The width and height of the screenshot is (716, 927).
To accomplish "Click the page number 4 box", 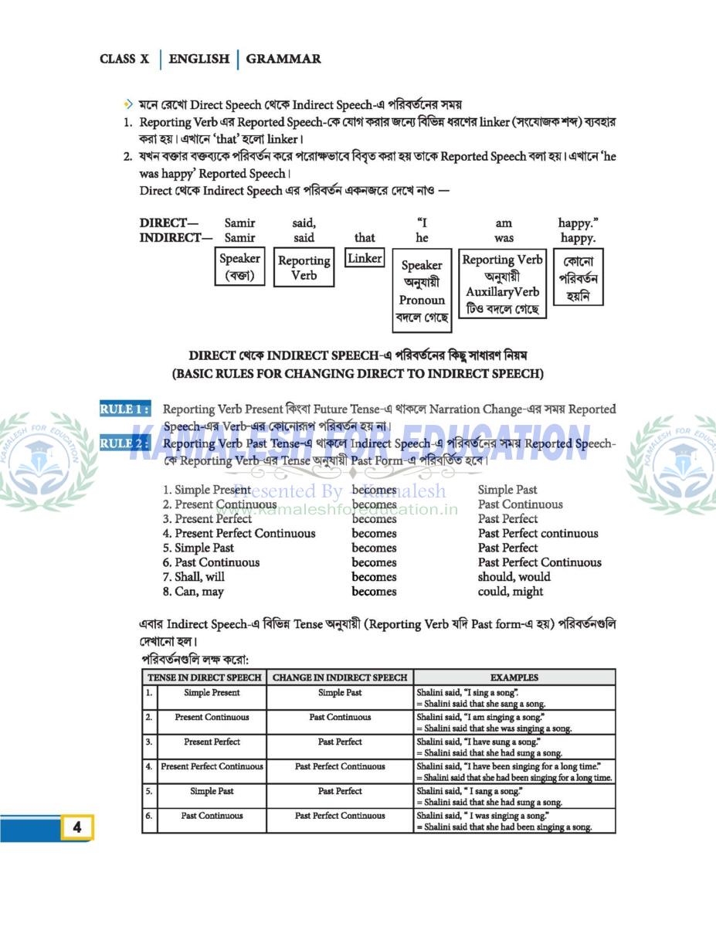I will (77, 827).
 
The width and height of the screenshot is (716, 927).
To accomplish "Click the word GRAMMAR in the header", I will (283, 59).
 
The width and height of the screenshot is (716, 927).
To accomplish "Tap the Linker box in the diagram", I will (365, 259).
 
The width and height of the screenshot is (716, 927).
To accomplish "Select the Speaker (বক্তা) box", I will (239, 267).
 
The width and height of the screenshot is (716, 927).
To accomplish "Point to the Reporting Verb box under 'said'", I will (304, 268).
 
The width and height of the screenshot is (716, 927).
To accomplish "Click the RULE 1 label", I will (124, 409).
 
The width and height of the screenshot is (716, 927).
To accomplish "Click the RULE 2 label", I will (124, 443).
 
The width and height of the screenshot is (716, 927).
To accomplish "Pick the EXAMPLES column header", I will (514, 677).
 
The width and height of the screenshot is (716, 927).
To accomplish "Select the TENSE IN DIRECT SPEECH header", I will (205, 677).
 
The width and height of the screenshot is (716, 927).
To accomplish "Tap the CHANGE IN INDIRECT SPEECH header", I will (340, 677).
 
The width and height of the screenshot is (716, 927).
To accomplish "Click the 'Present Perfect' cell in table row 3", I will (212, 742).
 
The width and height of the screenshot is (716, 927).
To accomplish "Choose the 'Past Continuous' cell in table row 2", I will (340, 717).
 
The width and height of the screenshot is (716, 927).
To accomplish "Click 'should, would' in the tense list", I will (514, 577).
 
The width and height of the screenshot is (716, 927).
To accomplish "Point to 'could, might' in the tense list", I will (511, 592).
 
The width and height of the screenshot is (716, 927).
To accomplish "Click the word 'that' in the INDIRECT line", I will (365, 238).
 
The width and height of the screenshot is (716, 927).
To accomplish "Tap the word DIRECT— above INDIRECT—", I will (168, 223).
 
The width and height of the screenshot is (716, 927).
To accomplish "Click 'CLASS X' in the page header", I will (124, 59).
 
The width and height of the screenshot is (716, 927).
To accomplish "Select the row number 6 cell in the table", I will (149, 815).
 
